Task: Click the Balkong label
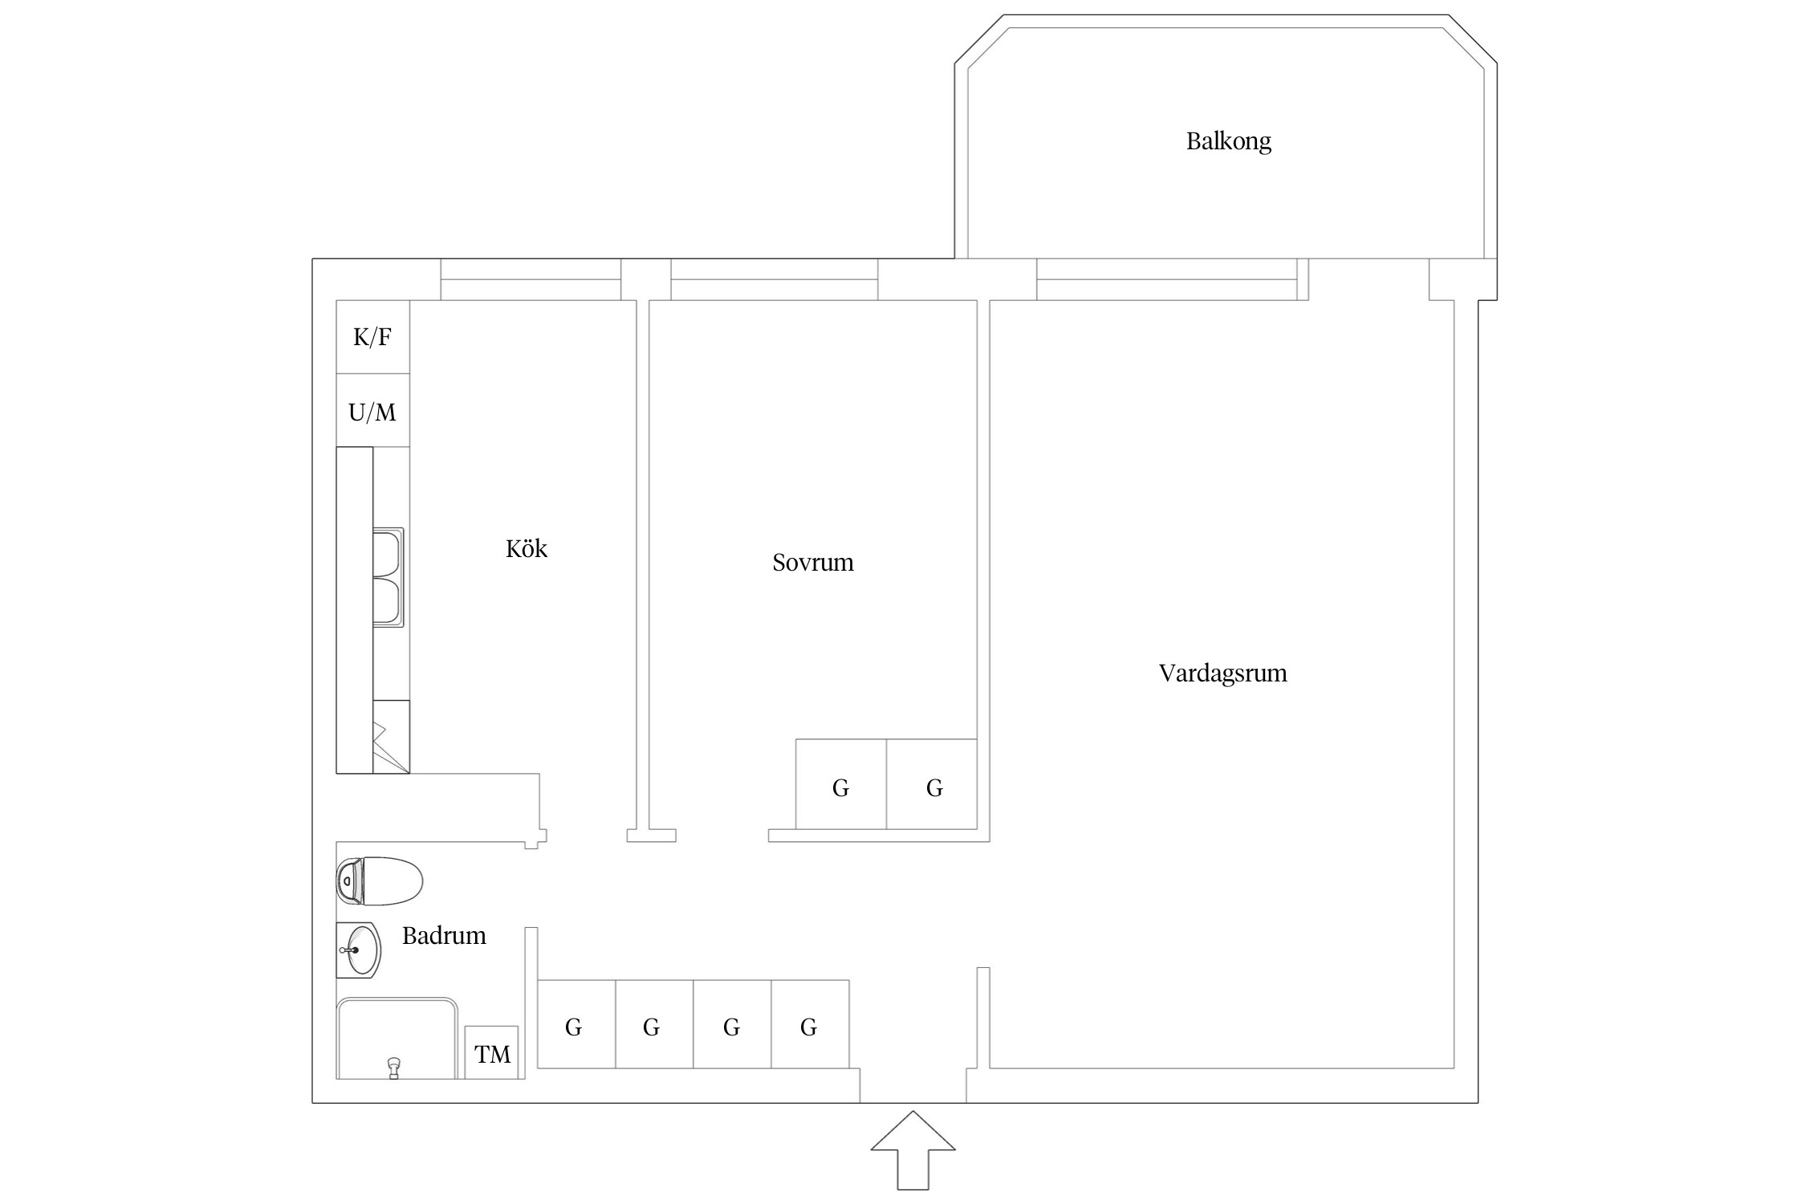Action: click(x=1228, y=141)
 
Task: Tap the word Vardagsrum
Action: click(x=1222, y=673)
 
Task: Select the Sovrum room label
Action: click(x=812, y=562)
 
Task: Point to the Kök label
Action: click(x=526, y=549)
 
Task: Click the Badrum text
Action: click(x=444, y=936)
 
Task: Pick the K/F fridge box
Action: click(x=372, y=337)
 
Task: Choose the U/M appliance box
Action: click(x=372, y=412)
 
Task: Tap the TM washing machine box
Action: click(x=491, y=1053)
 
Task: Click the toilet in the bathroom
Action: click(x=380, y=881)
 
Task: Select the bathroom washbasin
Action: click(x=358, y=950)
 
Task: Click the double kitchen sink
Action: click(x=388, y=577)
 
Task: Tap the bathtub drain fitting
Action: click(x=393, y=1068)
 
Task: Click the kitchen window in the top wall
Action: click(x=531, y=279)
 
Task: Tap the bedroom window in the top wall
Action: click(x=774, y=279)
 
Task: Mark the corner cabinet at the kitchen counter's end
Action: click(x=391, y=737)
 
